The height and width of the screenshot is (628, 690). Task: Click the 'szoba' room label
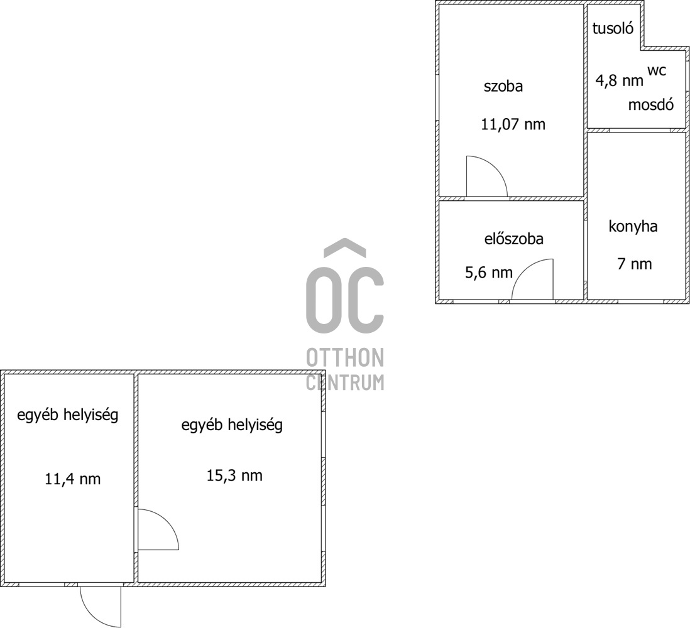pos(503,86)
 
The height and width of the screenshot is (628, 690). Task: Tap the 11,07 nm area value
pos(513,124)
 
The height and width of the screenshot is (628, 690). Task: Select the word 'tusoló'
pos(613,28)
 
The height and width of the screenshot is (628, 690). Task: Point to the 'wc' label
pos(657,70)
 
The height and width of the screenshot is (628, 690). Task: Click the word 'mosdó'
pos(651,105)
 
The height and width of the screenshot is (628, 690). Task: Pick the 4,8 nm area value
pos(619,81)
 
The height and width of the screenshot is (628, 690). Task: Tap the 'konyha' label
pos(633,227)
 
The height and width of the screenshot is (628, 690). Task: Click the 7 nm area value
pos(635,264)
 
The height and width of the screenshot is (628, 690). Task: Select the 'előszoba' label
pos(514,239)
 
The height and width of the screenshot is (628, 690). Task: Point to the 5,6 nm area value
pos(489,273)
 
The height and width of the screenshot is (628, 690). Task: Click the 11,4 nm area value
pos(73,479)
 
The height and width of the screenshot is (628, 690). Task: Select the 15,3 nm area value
pos(234,475)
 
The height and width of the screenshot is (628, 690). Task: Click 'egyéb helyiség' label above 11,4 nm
pos(68,415)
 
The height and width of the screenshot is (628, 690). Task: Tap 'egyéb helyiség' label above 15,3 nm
pos(232,425)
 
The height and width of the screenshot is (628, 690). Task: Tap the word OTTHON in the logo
pos(345,357)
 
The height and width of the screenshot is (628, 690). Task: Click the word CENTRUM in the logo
pos(345,382)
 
